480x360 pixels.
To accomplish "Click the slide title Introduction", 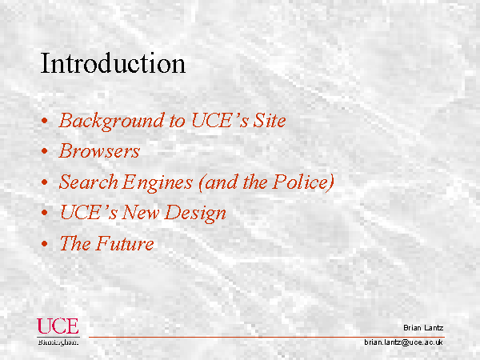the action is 113,63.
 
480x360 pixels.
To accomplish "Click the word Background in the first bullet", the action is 111,122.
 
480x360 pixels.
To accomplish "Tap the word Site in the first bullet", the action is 270,120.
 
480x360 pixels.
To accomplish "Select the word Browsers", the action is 99,150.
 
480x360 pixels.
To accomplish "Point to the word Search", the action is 89,182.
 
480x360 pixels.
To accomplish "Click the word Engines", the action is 158,182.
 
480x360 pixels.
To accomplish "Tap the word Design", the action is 195,214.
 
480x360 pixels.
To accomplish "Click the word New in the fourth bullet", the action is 141,212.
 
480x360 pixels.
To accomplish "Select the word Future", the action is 126,243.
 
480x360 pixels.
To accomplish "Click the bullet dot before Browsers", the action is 45,151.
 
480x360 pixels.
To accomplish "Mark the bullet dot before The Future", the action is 45,244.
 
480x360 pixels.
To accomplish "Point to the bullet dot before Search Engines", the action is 45,182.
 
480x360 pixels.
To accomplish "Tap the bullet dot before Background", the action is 45,121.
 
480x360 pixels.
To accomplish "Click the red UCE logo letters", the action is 58,326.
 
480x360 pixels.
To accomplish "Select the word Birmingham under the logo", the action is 58,342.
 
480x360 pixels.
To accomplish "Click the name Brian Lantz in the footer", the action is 423,328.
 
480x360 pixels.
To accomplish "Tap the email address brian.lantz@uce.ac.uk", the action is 403,342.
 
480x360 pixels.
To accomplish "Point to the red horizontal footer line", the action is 266,337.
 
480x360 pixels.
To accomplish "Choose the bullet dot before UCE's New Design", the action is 45,213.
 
